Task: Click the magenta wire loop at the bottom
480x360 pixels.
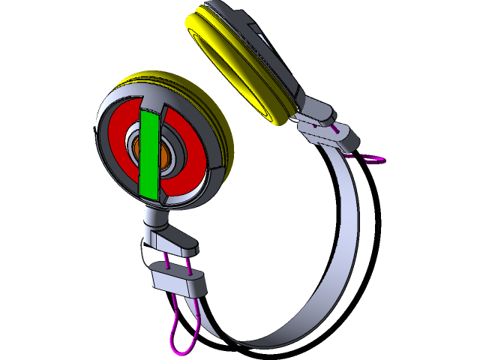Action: [180, 337]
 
